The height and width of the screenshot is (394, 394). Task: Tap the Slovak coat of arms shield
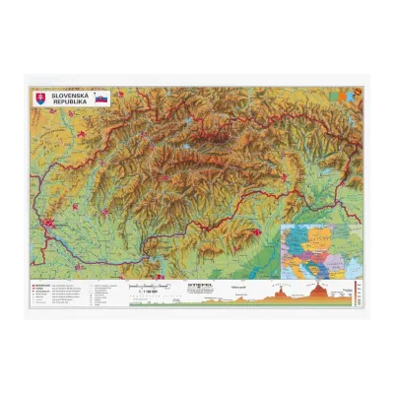coord(41,98)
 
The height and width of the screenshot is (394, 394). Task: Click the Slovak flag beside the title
coord(102,98)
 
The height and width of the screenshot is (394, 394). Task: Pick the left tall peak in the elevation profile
coord(284,293)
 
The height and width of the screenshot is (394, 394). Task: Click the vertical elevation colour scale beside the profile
coord(357,292)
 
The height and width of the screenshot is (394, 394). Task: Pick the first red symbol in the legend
coord(35,284)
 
